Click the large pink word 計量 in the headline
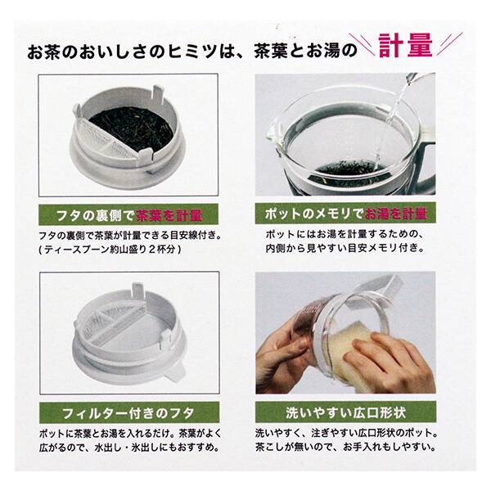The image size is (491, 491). point(408,46)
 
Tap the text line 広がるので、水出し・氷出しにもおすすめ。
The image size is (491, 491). point(131,447)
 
